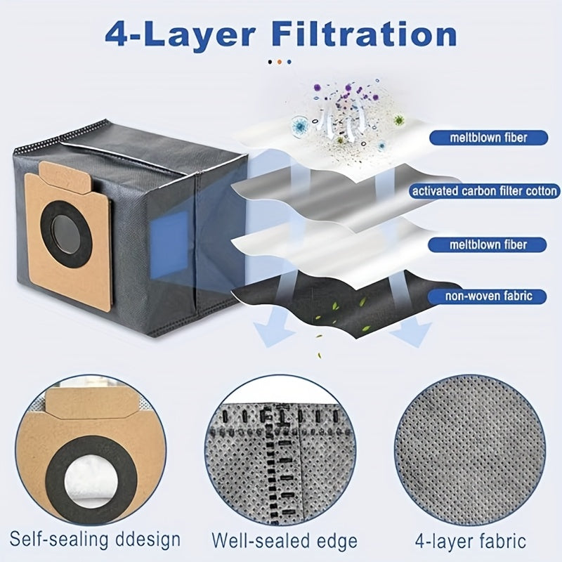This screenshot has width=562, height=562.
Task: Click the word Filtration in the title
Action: point(364,34)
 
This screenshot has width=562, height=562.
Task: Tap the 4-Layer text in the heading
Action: point(180,35)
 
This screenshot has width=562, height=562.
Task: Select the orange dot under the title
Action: point(280,62)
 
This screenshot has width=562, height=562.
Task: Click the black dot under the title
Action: point(270,62)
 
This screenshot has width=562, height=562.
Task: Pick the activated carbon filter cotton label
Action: point(485,191)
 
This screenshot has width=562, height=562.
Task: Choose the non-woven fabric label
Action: point(488,296)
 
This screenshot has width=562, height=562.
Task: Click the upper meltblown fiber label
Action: point(488,138)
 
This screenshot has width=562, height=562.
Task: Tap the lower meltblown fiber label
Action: point(488,244)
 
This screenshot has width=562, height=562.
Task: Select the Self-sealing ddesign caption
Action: point(95,539)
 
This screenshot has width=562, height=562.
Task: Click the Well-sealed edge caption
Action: point(285,541)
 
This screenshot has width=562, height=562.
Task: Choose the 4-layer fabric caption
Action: point(470,541)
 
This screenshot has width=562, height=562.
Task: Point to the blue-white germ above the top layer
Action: point(299,125)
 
